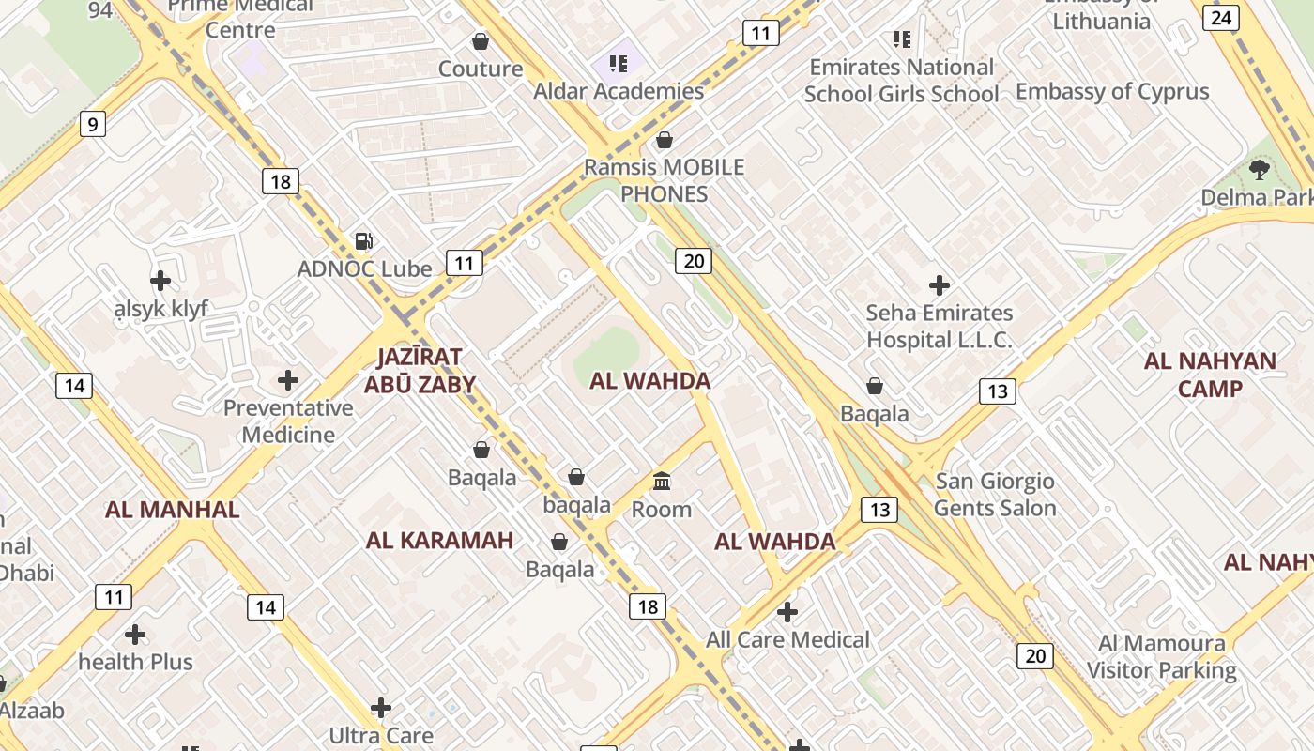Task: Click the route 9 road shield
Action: tap(92, 124)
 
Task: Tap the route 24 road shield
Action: tap(1221, 17)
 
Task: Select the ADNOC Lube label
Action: tap(364, 269)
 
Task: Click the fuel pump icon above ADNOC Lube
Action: tap(363, 241)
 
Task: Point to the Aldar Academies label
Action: tap(618, 91)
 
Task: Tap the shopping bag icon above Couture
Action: tap(481, 41)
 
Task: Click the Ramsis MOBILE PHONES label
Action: tap(664, 180)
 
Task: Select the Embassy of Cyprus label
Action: tap(1112, 92)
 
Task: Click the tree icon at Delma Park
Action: tap(1259, 170)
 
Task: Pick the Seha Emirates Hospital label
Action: tap(939, 326)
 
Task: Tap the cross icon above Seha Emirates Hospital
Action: tap(939, 285)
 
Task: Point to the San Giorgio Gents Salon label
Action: tap(995, 495)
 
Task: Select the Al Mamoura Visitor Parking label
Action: tap(1162, 656)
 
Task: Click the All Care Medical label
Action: tap(787, 640)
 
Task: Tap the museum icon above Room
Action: tap(662, 482)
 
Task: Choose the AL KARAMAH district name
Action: tap(439, 541)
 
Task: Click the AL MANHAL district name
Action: tap(172, 510)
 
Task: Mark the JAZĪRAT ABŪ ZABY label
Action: tap(420, 370)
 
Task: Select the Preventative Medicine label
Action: tap(288, 421)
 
